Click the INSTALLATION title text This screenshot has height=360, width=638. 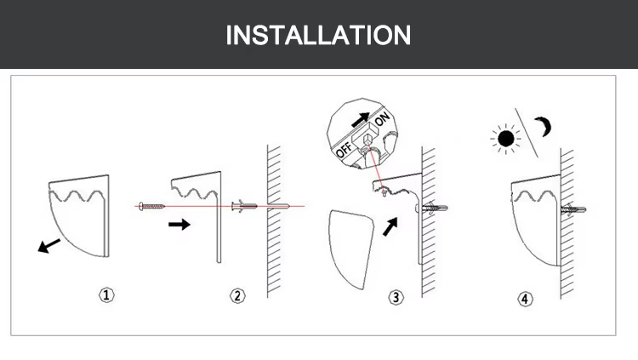pos(318,35)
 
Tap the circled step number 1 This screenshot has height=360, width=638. pos(106,294)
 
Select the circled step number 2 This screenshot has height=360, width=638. pos(237,295)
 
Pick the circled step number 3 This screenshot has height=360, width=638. pos(396,297)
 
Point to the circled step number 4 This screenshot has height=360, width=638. pos(525,299)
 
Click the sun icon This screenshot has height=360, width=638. pos(506,139)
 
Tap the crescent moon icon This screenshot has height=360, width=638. pos(544,126)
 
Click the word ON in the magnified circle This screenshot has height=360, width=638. pos(382,118)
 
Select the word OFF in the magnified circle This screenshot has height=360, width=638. pos(344,150)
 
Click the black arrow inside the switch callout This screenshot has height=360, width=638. pos(360,120)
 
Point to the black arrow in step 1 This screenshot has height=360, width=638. pos(48,246)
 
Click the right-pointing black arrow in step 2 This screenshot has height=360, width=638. pos(179,224)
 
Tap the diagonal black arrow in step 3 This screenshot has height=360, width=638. pos(390,226)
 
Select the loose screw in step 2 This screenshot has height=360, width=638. pos(151,207)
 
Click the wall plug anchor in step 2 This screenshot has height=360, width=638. pos(244,206)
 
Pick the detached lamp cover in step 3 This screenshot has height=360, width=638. pos(350,249)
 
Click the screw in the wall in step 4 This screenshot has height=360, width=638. pos(573,209)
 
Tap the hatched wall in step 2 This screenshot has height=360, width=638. pos(274,221)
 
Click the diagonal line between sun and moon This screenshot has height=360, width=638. pos(527,133)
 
